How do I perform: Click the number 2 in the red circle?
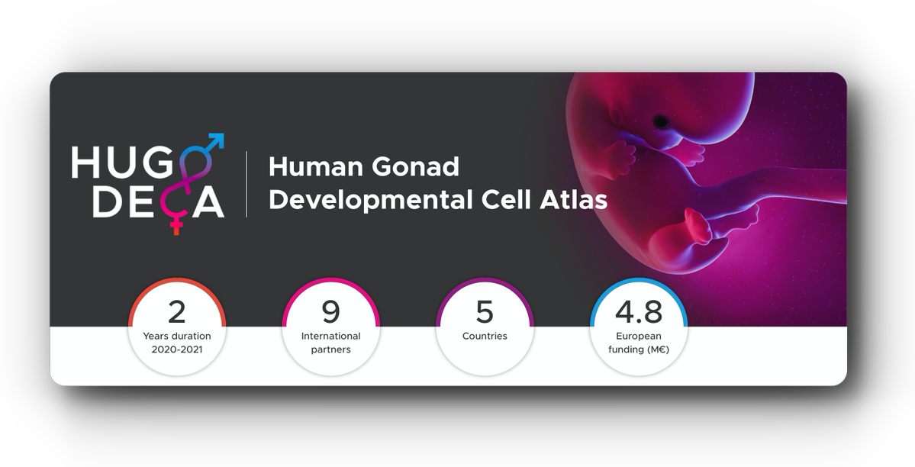176,312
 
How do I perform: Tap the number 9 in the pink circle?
330,312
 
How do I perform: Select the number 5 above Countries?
485,312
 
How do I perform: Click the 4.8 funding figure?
639,312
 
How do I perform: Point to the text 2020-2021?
176,349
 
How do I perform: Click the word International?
330,336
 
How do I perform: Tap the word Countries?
485,336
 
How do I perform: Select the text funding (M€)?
639,349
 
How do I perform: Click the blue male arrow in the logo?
216,141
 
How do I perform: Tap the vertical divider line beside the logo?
246,184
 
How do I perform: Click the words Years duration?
176,336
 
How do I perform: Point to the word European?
639,336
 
